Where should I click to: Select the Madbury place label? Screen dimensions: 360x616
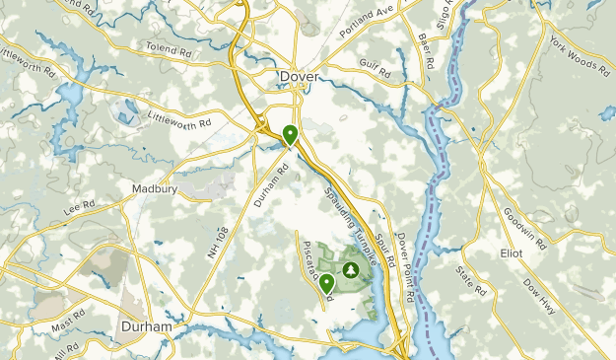[153, 186]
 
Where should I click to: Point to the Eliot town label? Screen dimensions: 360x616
[538, 252]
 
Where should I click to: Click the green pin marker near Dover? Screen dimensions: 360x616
[290, 135]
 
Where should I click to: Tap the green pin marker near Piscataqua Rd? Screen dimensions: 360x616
[326, 285]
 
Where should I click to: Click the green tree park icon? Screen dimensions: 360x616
[350, 268]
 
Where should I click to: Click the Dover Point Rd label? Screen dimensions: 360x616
[407, 266]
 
